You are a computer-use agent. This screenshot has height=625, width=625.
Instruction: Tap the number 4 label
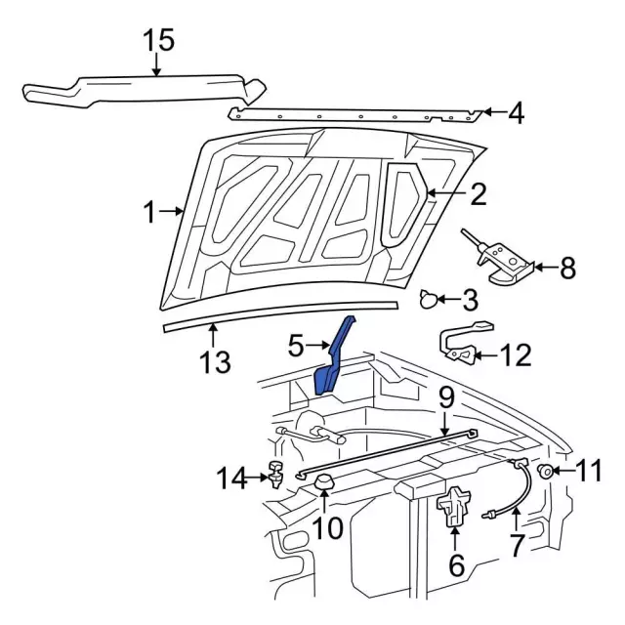515,114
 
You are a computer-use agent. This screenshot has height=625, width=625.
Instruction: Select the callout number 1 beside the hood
149,212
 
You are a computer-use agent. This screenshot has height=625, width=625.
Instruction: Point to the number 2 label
478,195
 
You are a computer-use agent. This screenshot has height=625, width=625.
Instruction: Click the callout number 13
215,363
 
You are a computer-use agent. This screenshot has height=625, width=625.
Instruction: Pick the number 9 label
444,397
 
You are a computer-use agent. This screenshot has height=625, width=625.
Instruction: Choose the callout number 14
232,479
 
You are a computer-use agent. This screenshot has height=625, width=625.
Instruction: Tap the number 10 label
328,528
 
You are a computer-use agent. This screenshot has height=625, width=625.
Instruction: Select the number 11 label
589,472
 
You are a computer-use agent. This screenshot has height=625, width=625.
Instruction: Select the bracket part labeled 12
464,345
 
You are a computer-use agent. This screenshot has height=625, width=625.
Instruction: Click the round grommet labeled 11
545,473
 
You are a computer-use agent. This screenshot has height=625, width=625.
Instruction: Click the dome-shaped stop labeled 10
324,481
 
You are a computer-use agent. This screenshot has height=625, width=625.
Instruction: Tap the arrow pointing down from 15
157,63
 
